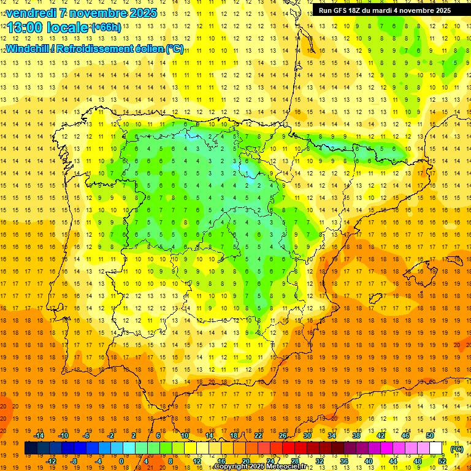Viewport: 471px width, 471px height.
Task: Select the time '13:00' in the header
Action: (x=25, y=28)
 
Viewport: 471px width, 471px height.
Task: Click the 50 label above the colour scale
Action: (x=430, y=435)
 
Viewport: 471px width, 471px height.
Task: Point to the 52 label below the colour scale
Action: (x=442, y=461)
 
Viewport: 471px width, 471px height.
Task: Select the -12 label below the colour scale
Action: (x=51, y=461)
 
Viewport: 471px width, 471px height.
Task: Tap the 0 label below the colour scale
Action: (x=122, y=461)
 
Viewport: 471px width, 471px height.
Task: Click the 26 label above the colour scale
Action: (x=283, y=435)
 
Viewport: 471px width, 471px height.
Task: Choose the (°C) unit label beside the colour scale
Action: (x=457, y=449)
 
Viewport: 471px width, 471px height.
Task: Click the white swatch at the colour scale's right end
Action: (x=436, y=448)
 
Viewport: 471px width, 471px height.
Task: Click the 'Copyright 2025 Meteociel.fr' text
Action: (x=261, y=467)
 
